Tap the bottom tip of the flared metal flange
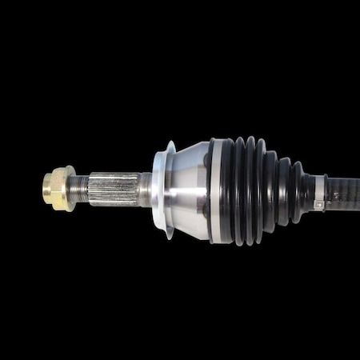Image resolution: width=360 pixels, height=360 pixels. pyautogui.click(x=169, y=236)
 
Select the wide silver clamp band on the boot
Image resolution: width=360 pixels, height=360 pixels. pyautogui.click(x=218, y=190)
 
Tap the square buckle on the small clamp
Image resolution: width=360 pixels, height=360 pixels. pyautogui.click(x=318, y=205)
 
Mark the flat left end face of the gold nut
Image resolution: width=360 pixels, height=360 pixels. pyautogui.click(x=46, y=188)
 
